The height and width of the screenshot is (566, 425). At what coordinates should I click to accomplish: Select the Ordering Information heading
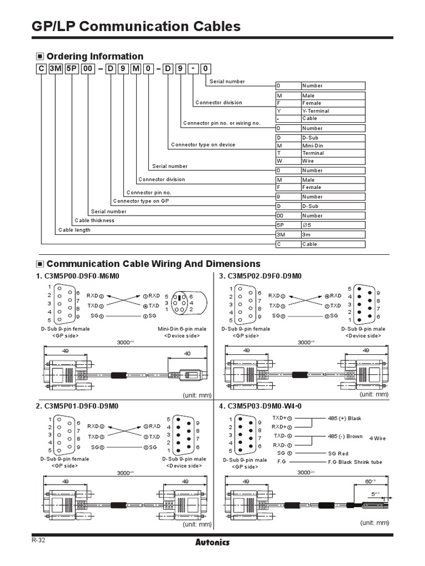94,56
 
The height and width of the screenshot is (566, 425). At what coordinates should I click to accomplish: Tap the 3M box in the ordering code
57,69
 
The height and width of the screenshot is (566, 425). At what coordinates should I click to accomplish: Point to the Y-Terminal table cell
316,111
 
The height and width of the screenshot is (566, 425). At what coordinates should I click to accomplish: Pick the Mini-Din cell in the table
313,145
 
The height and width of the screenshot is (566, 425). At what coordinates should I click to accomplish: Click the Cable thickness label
95,221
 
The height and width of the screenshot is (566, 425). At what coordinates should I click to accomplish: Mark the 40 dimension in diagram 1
187,353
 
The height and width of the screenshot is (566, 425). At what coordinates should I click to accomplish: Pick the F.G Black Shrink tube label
355,462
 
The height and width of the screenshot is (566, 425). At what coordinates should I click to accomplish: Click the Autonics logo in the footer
212,542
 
